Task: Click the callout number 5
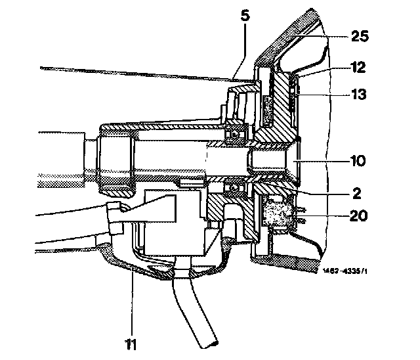[x=245, y=15]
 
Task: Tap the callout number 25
[x=360, y=36]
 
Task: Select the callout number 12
[x=358, y=67]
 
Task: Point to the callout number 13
[x=358, y=94]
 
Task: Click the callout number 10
[x=358, y=161]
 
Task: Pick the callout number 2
[x=357, y=193]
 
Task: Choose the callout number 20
[x=359, y=215]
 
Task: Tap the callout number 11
[x=131, y=344]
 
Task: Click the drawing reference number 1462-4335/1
[x=345, y=271]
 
